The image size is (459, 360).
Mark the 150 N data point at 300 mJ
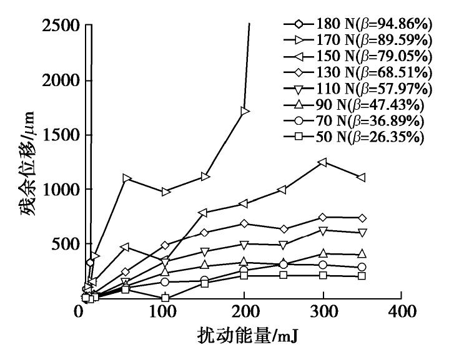(323, 162)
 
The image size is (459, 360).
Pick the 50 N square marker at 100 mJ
(165, 298)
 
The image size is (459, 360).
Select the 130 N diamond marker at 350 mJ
(362, 218)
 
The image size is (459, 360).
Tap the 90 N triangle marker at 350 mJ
(362, 254)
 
